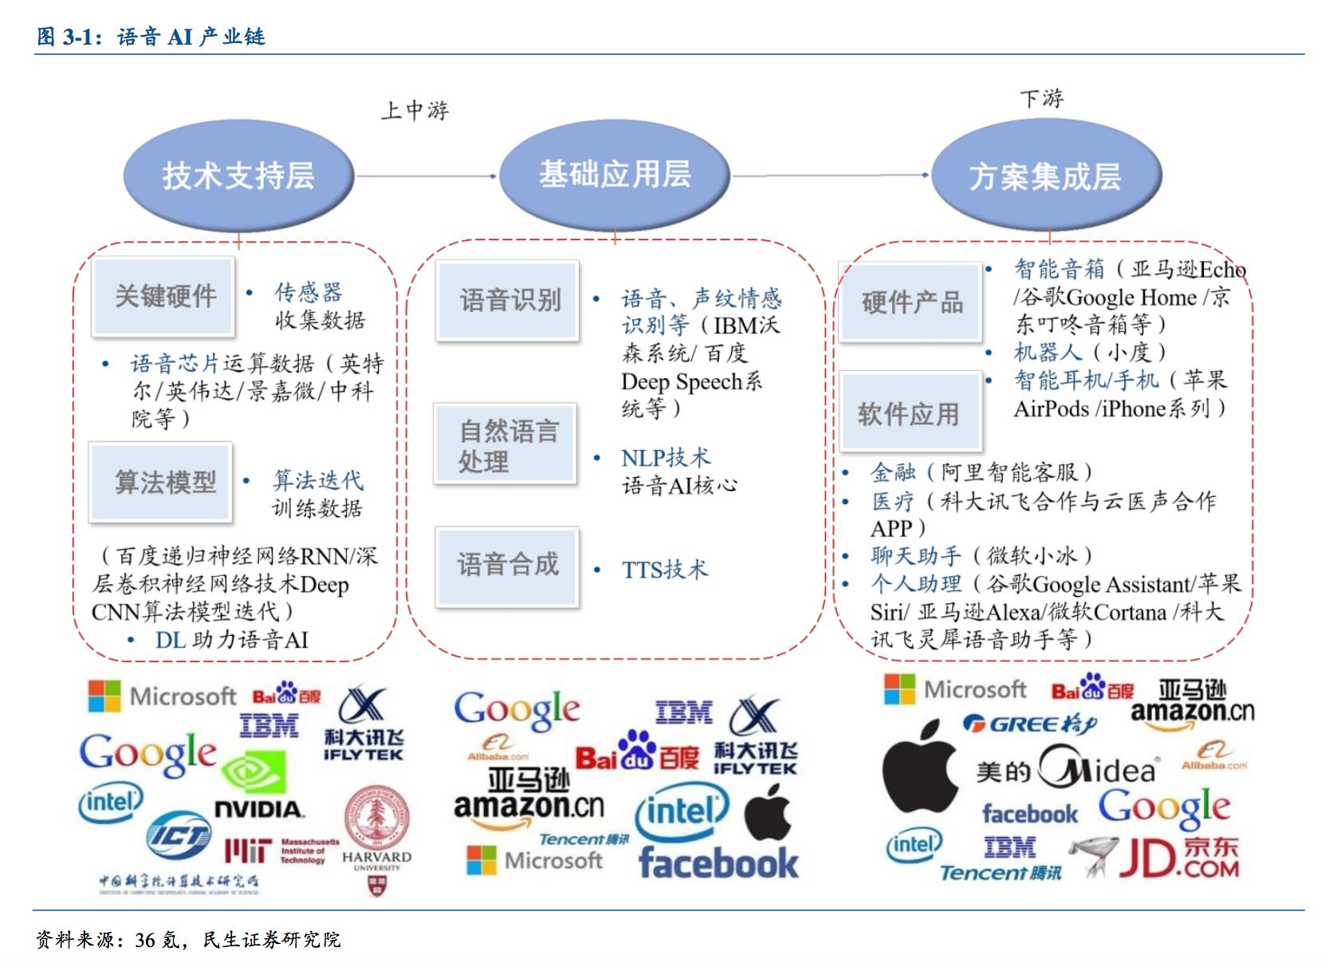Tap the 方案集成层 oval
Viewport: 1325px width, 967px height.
1045,176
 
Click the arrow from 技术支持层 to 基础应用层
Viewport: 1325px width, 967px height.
427,176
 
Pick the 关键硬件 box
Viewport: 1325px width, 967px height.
164,296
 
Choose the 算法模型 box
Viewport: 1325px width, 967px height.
162,482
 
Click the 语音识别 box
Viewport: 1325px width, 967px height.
509,300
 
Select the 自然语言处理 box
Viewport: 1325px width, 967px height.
505,444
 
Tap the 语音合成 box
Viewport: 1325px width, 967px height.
507,565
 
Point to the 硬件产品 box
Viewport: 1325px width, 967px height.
910,302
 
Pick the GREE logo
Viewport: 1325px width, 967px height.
1029,724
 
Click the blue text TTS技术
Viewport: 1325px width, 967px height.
664,570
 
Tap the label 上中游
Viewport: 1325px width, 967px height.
415,109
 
